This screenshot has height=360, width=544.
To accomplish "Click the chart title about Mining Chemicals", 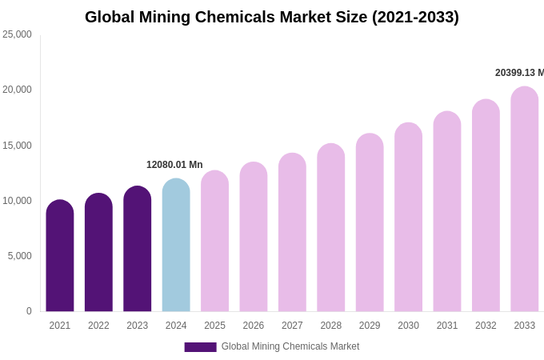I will tap(272, 17).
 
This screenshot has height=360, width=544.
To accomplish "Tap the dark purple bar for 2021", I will tap(60, 256).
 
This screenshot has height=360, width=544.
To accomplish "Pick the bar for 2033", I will tap(524, 199).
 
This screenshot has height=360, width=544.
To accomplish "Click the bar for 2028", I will tap(330, 228).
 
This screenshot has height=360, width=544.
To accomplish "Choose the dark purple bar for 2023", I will tap(138, 249).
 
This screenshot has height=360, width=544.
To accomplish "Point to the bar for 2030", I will tap(408, 218).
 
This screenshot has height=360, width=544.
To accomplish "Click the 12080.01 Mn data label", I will tap(174, 165).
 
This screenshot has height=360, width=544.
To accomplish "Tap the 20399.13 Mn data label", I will tap(519, 73).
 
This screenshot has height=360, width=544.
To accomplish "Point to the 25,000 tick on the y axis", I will tap(17, 34).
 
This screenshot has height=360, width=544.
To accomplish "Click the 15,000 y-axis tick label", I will tap(17, 146).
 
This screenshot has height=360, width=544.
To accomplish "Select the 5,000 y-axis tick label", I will tap(19, 256).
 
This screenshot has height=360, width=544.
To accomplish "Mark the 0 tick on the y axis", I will tap(29, 311).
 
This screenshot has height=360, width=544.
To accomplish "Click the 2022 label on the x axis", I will tap(98, 326).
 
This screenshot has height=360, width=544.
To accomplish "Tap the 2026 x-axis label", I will tap(254, 326).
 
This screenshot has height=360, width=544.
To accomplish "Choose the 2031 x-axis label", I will tap(447, 326).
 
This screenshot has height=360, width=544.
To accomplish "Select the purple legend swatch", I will tap(200, 347).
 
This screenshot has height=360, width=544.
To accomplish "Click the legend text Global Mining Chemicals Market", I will tap(290, 346).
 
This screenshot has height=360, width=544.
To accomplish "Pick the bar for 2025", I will tap(214, 241).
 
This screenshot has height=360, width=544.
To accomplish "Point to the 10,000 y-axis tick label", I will tap(17, 201).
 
